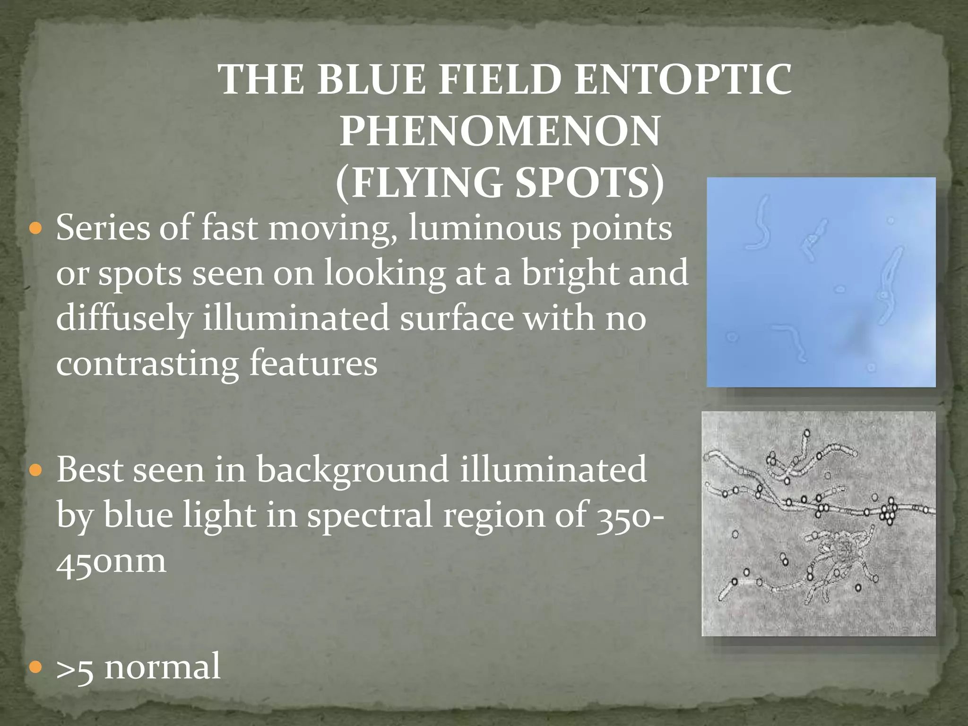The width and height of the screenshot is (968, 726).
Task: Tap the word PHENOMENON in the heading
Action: click(500, 131)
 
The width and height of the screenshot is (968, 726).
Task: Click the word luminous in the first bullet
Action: click(484, 228)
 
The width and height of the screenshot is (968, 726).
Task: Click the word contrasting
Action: click(147, 363)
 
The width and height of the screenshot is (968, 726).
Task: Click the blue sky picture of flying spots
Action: click(821, 282)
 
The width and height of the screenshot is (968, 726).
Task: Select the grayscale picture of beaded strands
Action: click(819, 523)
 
